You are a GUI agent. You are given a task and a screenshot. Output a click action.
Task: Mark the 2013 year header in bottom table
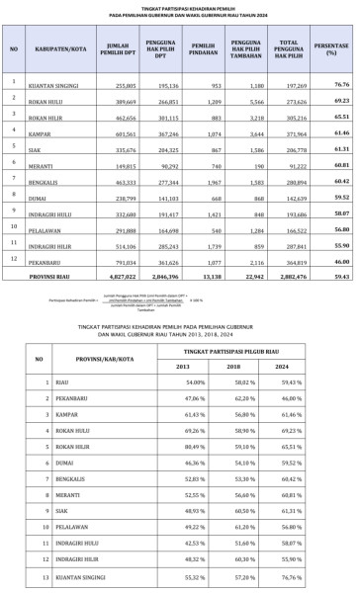click(x=182, y=366)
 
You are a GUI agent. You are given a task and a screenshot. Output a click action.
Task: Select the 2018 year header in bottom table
click(x=239, y=366)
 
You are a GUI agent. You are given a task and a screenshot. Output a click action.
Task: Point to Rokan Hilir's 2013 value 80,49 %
click(x=182, y=446)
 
